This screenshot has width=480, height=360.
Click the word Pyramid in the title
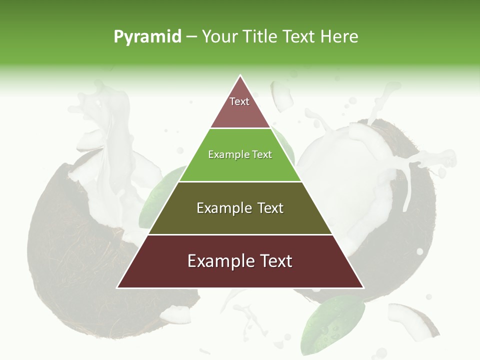click(x=147, y=37)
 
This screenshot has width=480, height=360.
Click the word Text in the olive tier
click(x=268, y=208)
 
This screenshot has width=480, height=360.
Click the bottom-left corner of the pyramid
click(x=117, y=287)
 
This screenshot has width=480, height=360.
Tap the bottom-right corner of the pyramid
click(x=363, y=287)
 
